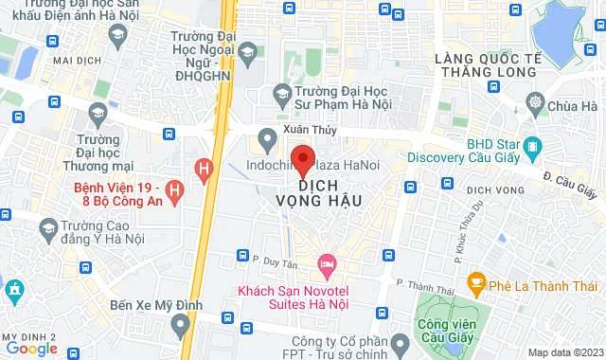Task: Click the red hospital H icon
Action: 201,170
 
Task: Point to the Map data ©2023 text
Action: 563,352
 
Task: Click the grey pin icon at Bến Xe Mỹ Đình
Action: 181,327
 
